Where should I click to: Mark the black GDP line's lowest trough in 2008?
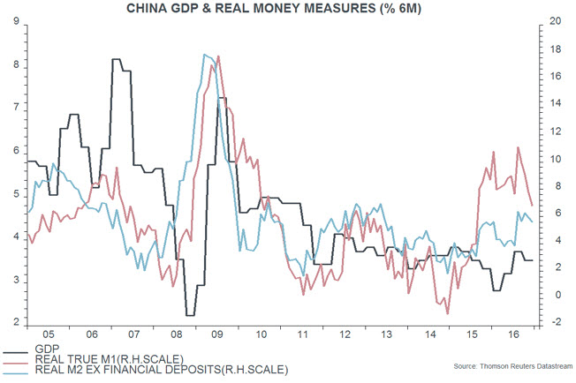coord(190,314)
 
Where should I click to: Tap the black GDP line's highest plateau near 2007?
coord(117,59)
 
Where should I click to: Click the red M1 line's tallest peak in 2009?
coord(218,57)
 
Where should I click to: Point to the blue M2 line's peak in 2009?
coord(205,55)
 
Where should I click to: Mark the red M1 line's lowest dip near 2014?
coord(448,313)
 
